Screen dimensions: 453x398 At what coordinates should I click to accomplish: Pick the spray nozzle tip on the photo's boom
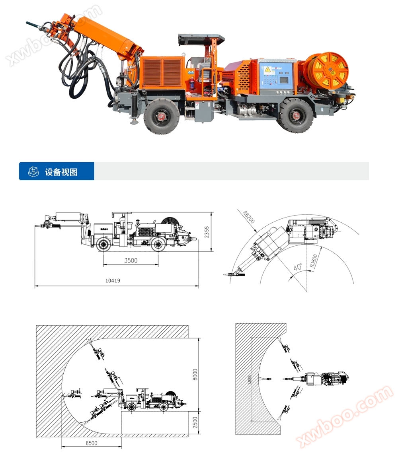tap(31, 24)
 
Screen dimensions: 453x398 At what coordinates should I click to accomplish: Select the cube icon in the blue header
tap(33, 172)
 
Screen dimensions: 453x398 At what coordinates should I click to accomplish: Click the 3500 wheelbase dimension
tap(131, 261)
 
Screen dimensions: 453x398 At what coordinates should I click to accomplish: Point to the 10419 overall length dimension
tap(113, 280)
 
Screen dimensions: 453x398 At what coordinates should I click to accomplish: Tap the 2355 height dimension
tap(206, 232)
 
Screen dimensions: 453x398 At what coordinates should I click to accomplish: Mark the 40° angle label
tap(297, 267)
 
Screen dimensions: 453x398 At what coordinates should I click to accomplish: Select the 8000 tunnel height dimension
tap(195, 374)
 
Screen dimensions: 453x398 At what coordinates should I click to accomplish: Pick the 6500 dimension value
tap(91, 443)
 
